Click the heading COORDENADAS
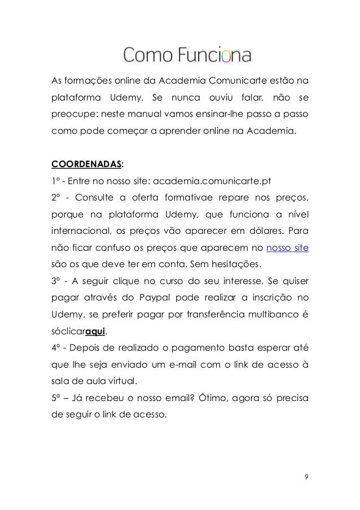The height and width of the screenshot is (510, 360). tap(86, 165)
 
